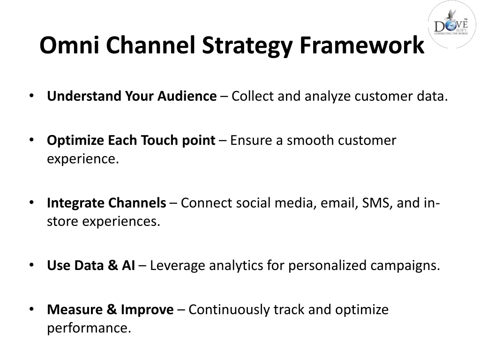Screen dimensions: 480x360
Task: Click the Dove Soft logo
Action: tap(452, 24)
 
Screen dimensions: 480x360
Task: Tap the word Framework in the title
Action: tap(362, 45)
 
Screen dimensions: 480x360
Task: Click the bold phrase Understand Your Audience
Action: tap(132, 96)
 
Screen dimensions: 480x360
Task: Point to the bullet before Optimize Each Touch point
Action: tap(31, 140)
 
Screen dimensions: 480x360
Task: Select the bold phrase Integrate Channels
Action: tap(106, 203)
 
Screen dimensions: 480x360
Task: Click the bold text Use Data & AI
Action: tap(91, 265)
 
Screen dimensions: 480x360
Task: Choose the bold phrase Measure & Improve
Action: tap(110, 310)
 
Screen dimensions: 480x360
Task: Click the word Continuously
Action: tap(229, 310)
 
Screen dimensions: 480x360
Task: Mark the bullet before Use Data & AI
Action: tap(31, 265)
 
